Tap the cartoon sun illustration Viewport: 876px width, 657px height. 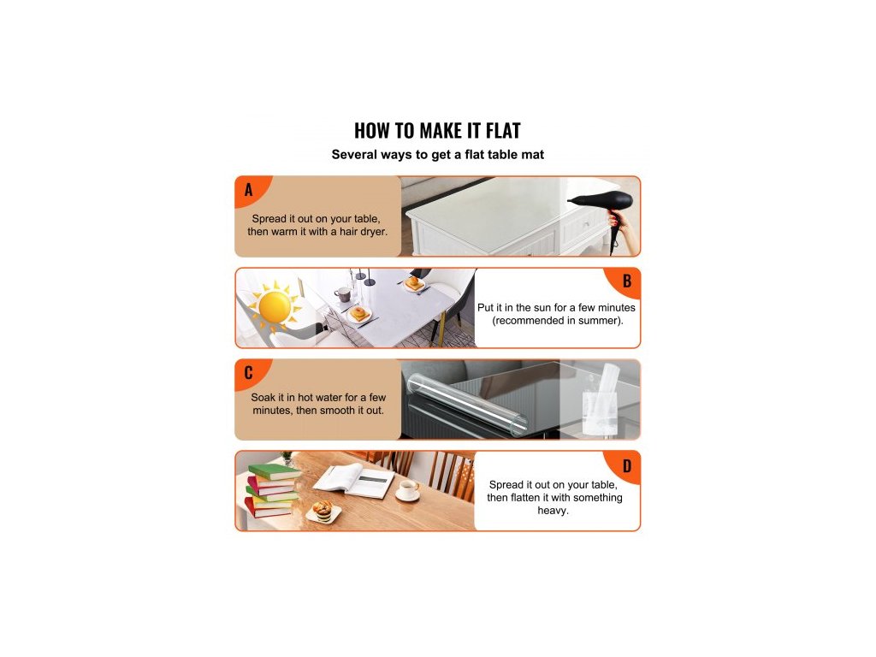point(275,307)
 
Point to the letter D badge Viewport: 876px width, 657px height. point(624,465)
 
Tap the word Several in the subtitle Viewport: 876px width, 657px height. point(352,155)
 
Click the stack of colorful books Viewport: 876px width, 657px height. point(273,490)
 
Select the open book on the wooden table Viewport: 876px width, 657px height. point(354,481)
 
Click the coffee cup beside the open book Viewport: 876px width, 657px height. point(408,490)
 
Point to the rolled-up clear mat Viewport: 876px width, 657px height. point(466,405)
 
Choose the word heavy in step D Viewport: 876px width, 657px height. point(553,511)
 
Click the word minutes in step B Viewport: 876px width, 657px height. point(616,307)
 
